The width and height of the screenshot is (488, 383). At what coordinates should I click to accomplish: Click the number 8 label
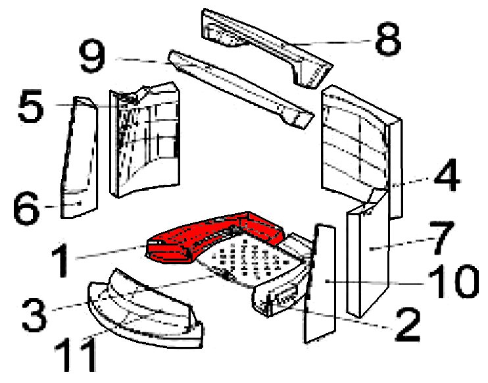(x=388, y=39)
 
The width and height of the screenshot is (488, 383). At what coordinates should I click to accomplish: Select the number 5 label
(x=31, y=106)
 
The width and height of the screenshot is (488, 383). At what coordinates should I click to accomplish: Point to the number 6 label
(x=27, y=208)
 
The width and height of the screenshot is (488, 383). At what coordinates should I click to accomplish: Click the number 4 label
(x=447, y=174)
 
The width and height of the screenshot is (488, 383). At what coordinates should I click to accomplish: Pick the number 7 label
(x=441, y=238)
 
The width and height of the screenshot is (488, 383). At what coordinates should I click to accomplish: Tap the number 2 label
(x=408, y=325)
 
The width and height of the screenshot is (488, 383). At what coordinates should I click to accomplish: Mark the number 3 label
(x=35, y=315)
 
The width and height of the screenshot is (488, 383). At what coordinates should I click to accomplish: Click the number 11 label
(x=76, y=355)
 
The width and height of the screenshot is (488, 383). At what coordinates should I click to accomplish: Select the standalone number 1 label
(x=61, y=261)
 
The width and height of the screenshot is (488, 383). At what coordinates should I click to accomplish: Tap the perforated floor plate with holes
(x=249, y=259)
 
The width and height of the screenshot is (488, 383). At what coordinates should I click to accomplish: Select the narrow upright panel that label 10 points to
(x=320, y=284)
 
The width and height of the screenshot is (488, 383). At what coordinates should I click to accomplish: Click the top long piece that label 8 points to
(x=267, y=48)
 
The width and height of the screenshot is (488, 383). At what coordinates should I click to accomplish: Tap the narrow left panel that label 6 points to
(x=79, y=157)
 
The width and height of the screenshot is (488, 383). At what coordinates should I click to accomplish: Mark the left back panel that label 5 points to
(x=145, y=140)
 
